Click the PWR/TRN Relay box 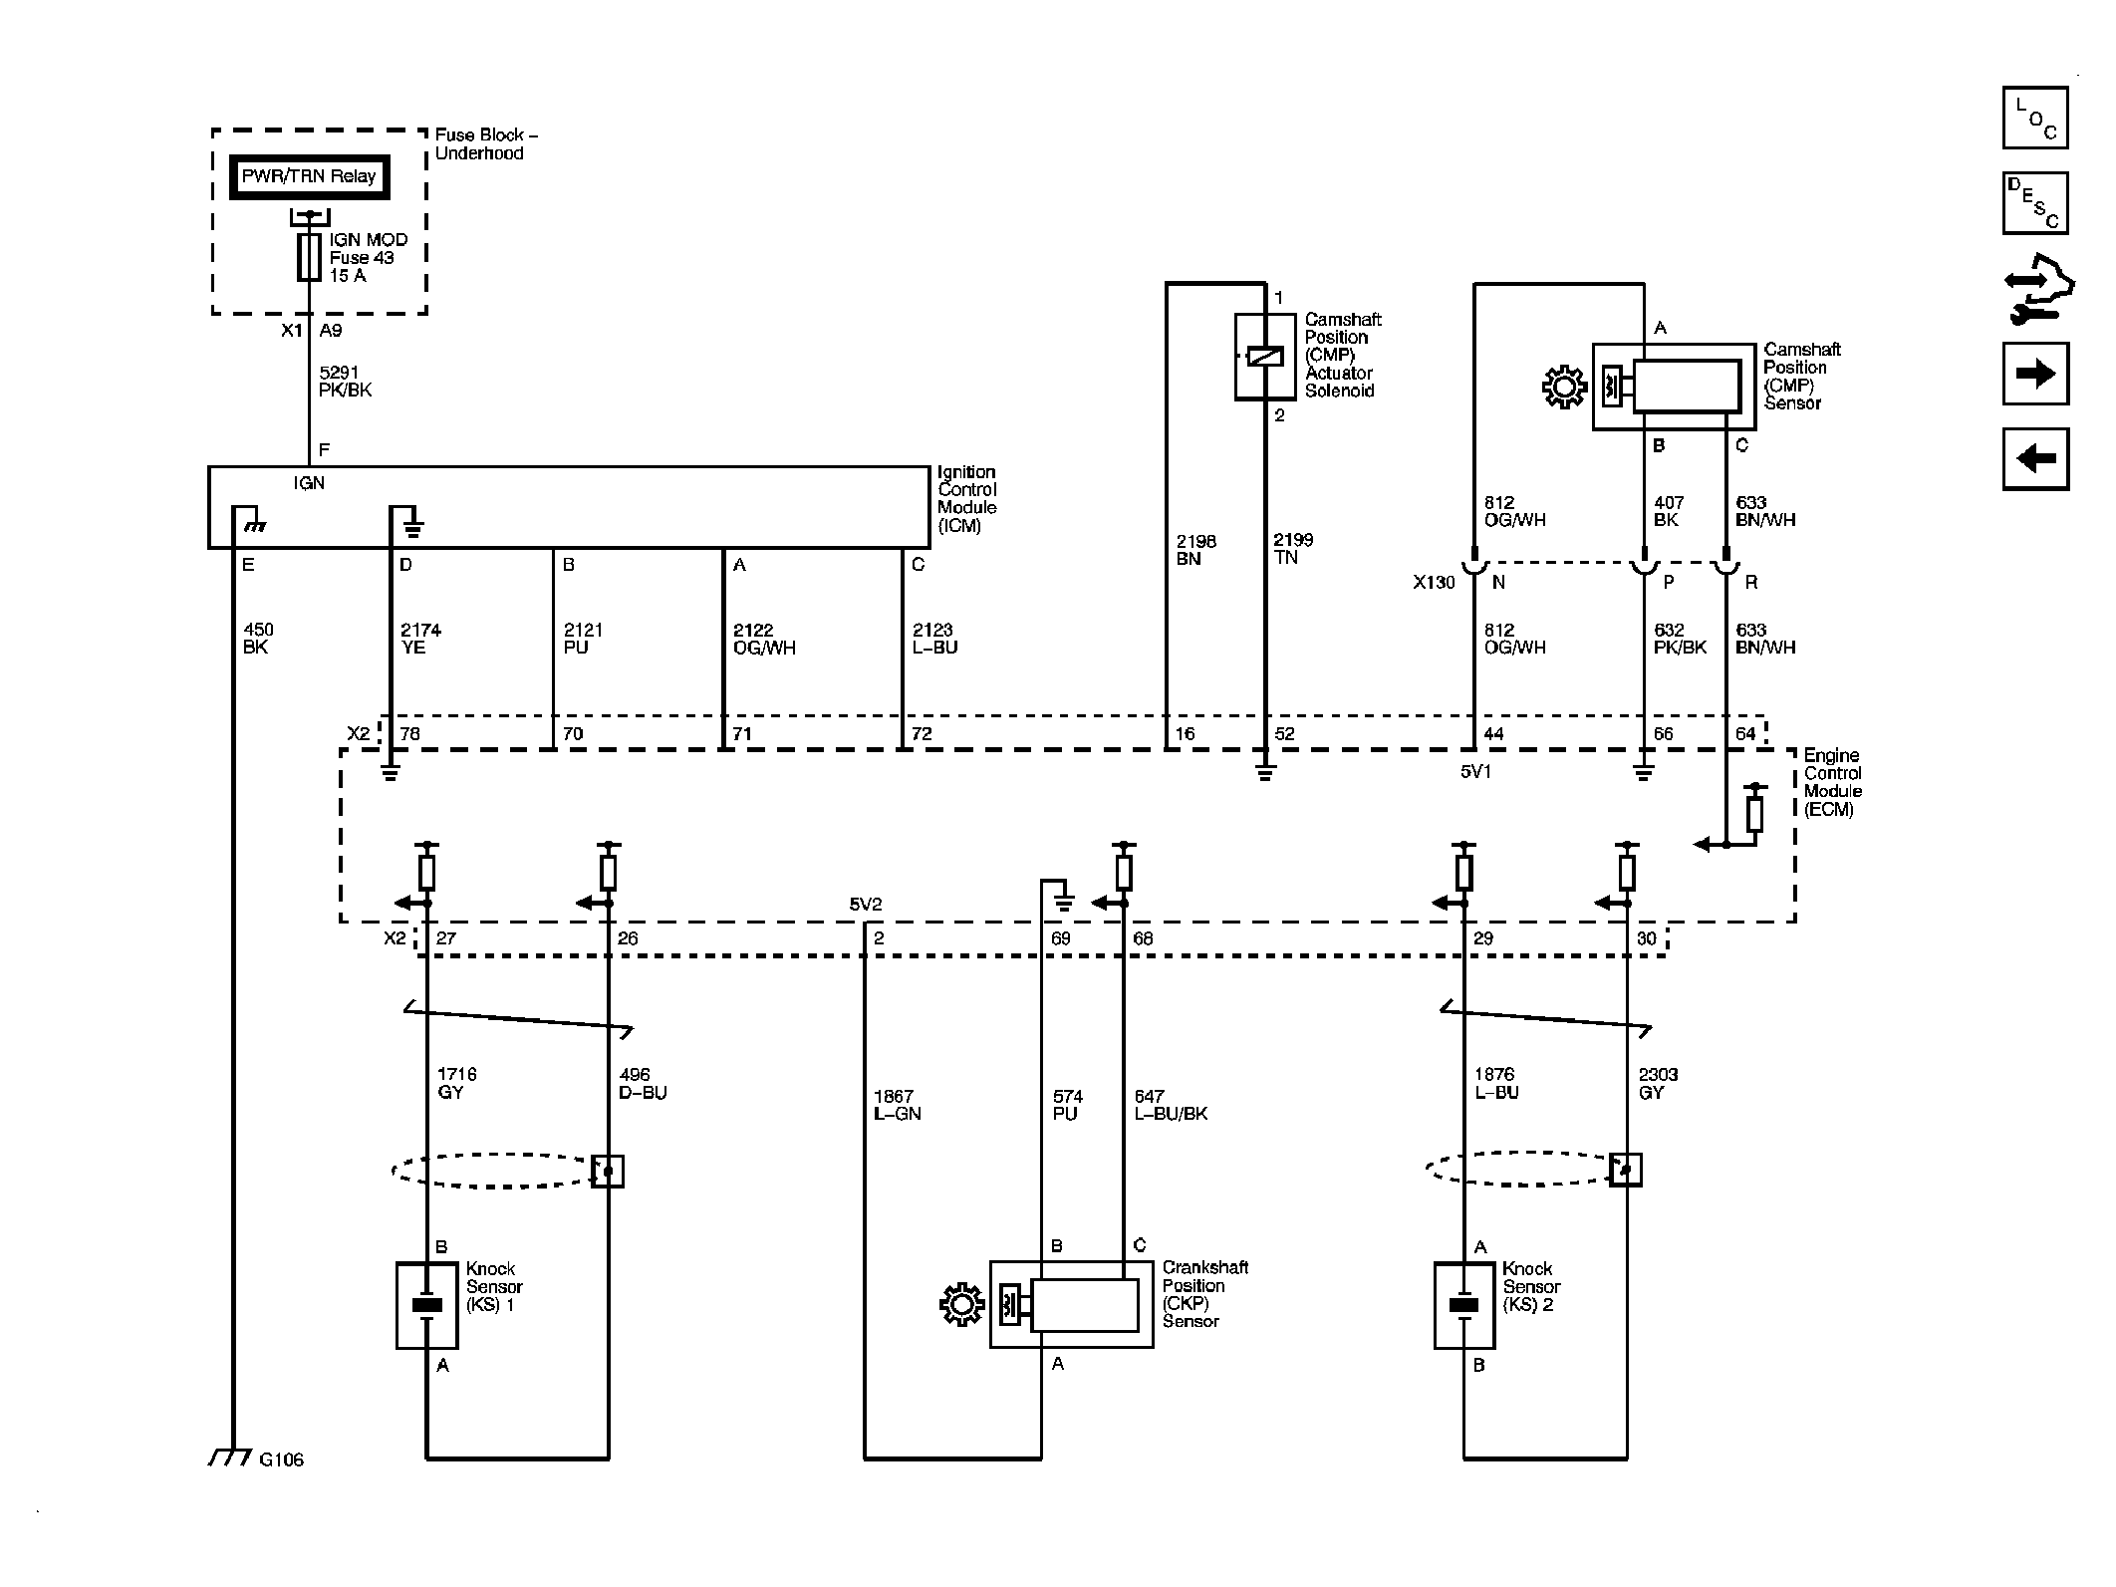tap(309, 177)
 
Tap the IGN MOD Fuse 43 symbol tap(309, 257)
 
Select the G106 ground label tap(281, 1459)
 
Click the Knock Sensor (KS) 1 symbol tap(427, 1305)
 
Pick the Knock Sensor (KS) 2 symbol tap(1464, 1305)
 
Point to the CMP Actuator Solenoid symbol tap(1265, 357)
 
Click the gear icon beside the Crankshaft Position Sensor tap(961, 1305)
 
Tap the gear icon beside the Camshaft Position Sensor tap(1564, 387)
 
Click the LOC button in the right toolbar tap(2035, 118)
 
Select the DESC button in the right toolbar tap(2035, 203)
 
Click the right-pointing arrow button tap(2035, 374)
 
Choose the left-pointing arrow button tap(2035, 459)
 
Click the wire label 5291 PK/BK tap(345, 382)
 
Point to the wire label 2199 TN tap(1293, 549)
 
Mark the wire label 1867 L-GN tap(898, 1105)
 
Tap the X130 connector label tap(1434, 582)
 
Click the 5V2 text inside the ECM tap(865, 905)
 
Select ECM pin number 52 tap(1285, 734)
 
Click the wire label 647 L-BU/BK tap(1171, 1105)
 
